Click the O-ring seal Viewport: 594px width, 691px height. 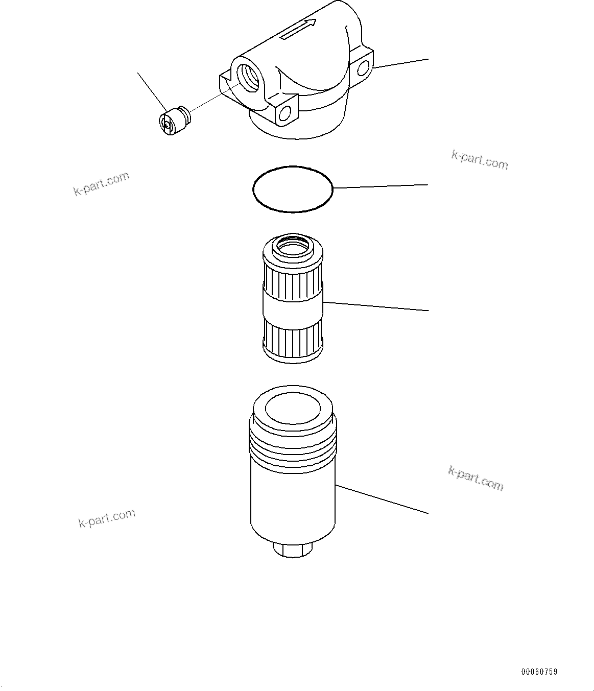(x=293, y=188)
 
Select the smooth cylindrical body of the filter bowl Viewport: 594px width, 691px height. (x=293, y=501)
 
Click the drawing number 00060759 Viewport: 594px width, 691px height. (x=539, y=672)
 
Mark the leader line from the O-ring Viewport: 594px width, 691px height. (x=381, y=186)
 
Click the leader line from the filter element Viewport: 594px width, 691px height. (x=375, y=306)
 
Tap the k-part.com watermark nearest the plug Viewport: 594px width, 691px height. (x=101, y=184)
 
